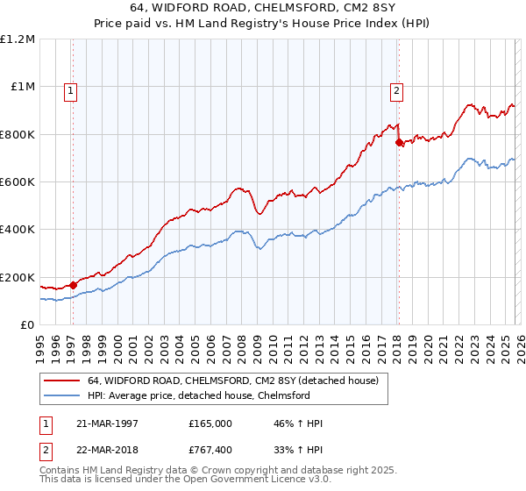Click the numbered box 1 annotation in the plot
point(69,89)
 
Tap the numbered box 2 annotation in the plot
point(396,89)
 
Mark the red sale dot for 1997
point(73,285)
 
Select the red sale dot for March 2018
point(399,142)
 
